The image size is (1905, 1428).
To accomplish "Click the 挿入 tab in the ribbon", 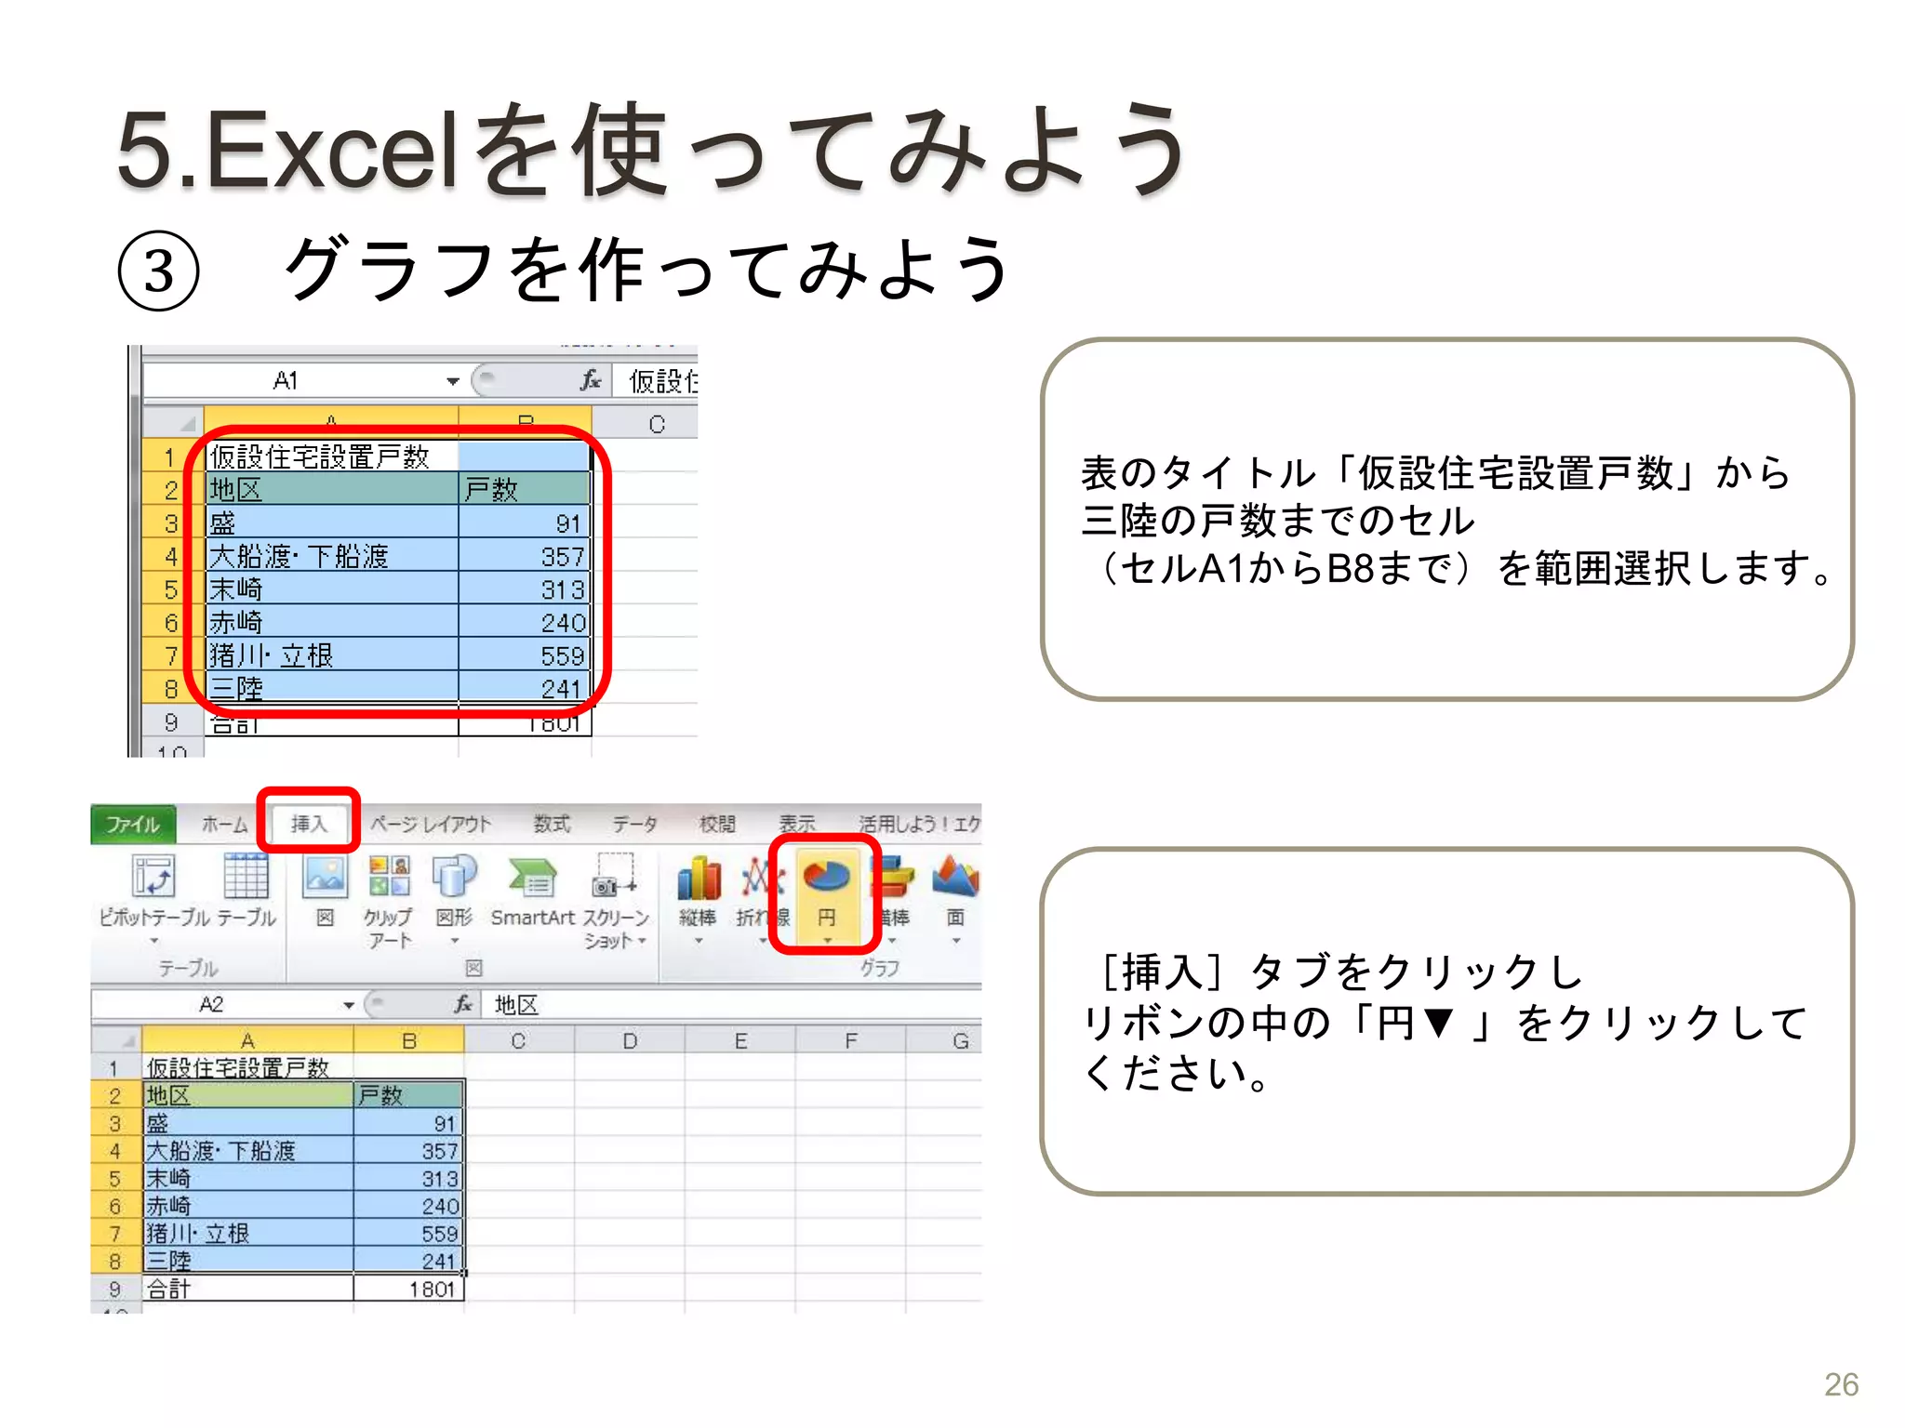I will (x=309, y=823).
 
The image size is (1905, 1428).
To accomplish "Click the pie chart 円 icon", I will (x=825, y=879).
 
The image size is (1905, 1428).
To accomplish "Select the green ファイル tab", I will (x=132, y=824).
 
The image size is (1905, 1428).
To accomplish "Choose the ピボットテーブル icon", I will (x=154, y=879).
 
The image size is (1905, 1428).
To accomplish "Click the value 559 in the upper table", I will (x=562, y=655).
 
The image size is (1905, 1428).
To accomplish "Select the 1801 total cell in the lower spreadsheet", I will (x=432, y=1289).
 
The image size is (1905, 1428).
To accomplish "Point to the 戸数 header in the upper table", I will (x=491, y=489).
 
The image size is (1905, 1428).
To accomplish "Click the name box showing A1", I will (x=286, y=380).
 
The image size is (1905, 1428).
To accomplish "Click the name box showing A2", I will (x=212, y=1004).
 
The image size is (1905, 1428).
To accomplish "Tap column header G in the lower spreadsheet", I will (x=960, y=1040).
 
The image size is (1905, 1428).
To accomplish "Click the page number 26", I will (x=1840, y=1384).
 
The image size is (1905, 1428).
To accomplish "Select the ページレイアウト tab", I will (x=431, y=824).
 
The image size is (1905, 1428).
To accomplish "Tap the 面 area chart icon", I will (x=955, y=879).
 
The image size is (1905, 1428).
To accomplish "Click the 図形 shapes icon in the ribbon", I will (x=454, y=879).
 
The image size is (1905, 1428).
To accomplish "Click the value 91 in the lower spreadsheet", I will (x=444, y=1123).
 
